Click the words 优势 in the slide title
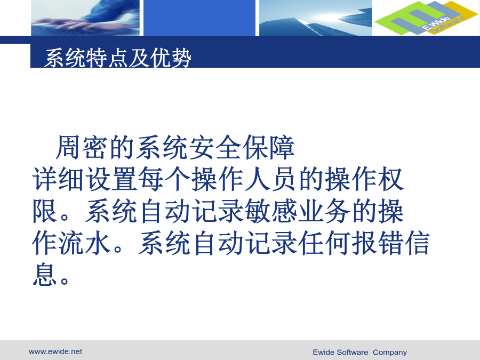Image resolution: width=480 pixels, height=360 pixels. pos(171,58)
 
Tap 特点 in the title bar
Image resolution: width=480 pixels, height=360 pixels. pos(107,58)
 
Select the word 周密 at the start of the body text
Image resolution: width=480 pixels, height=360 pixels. pos(81,147)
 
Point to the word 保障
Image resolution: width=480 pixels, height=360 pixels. pos(268,147)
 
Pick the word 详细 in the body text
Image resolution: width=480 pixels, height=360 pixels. pos(58,179)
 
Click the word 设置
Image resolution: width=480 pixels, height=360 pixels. pos(111,179)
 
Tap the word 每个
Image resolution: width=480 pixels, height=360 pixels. pos(164,179)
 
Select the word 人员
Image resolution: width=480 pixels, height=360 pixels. pos(271,179)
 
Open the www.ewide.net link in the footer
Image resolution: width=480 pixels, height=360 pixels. pos(55,351)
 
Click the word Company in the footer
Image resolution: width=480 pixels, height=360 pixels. pos(390,353)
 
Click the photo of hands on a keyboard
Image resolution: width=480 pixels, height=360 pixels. pos(85,18)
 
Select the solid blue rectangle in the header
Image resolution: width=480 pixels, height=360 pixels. pos(199,18)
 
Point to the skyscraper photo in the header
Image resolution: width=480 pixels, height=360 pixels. pos(316,18)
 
